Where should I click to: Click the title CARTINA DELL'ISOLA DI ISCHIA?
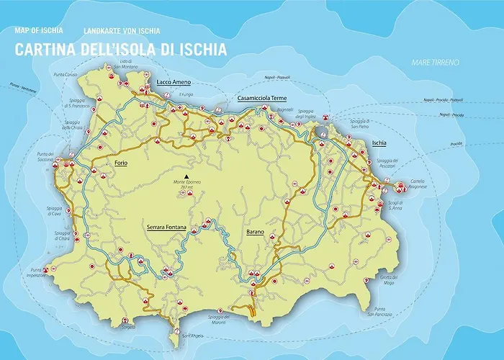(120, 50)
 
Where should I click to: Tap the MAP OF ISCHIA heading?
(39, 31)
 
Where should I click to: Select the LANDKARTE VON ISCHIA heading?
(122, 31)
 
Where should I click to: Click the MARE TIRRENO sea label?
(435, 63)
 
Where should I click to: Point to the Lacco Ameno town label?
(174, 83)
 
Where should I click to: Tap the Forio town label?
(121, 163)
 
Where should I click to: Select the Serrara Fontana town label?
(166, 228)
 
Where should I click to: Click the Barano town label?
(255, 232)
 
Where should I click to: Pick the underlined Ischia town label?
(379, 143)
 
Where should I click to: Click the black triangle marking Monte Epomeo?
(186, 176)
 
